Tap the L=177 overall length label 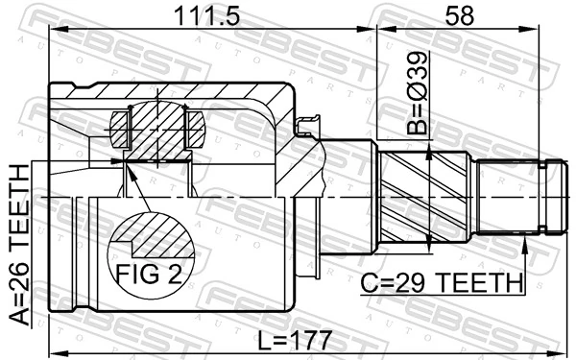(296, 340)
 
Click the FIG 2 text (149, 275)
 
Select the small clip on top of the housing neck (308, 125)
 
